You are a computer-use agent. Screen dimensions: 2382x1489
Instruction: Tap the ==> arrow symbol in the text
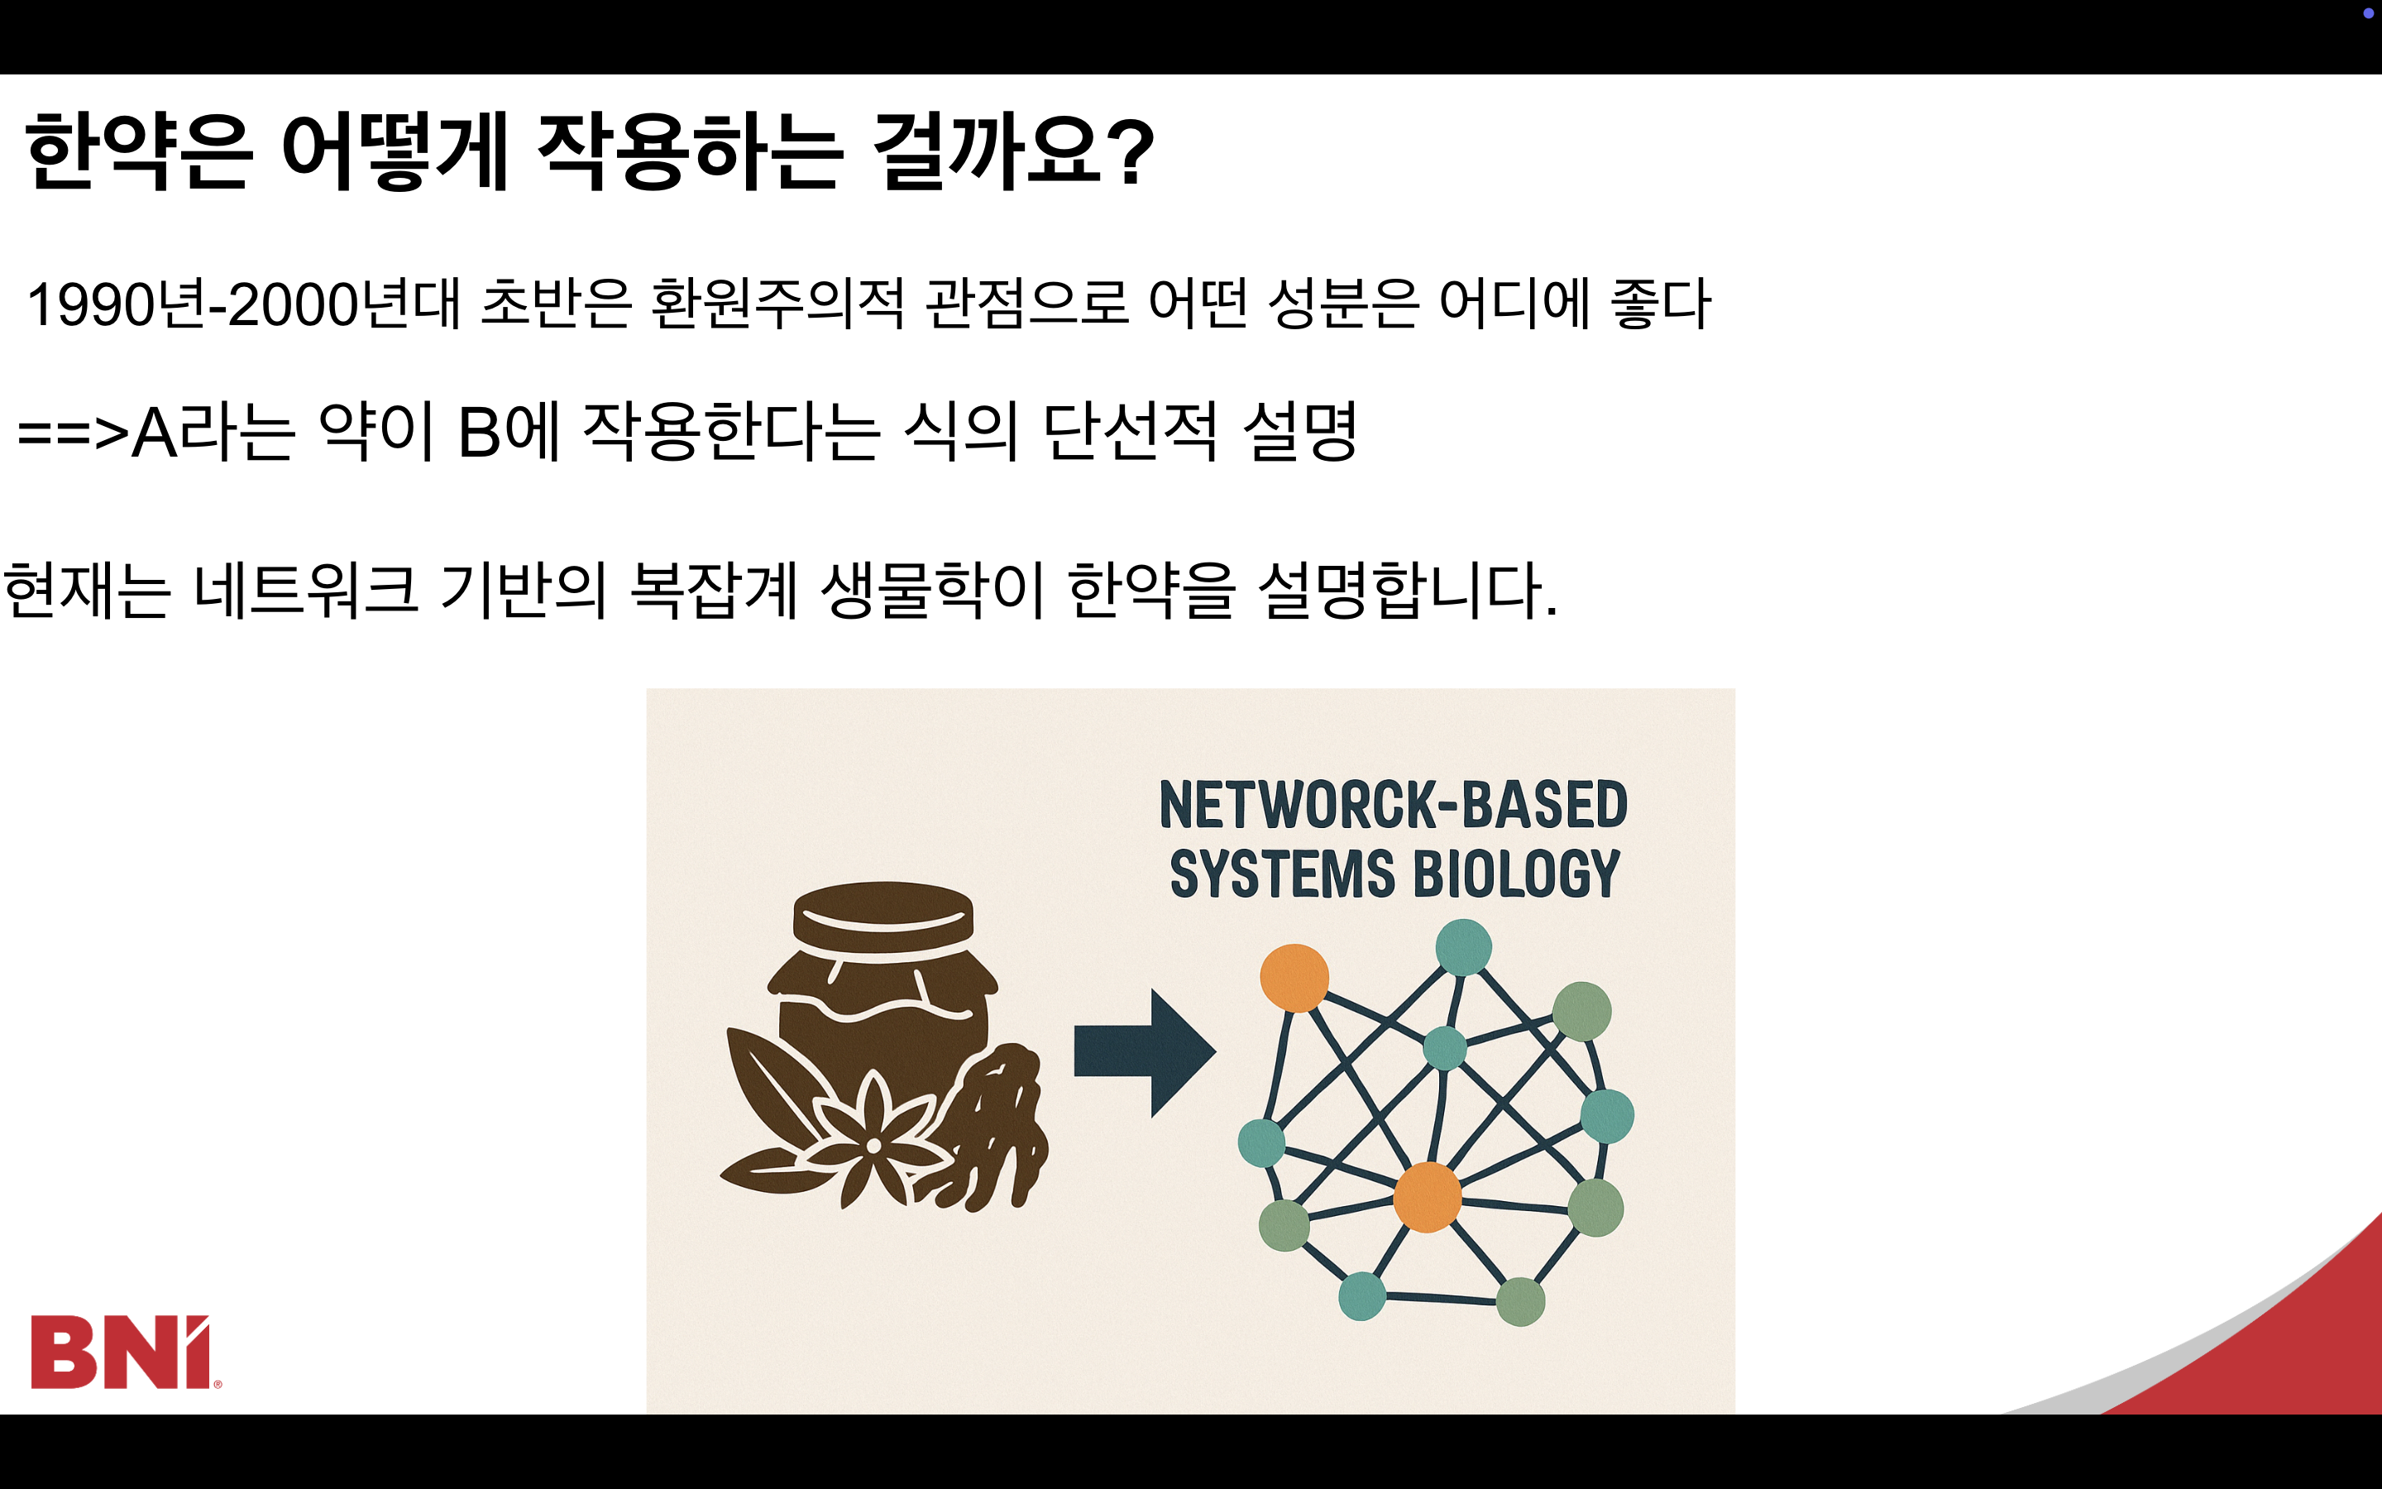pos(73,433)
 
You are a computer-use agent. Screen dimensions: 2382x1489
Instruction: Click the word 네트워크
pos(306,590)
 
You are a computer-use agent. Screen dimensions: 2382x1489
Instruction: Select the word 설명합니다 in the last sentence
pos(1408,590)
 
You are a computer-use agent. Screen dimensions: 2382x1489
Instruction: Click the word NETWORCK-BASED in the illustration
pos(1393,805)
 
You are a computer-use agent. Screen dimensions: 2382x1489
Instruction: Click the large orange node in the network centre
pos(1426,1196)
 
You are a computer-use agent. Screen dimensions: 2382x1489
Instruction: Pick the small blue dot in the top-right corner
pos(2368,12)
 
